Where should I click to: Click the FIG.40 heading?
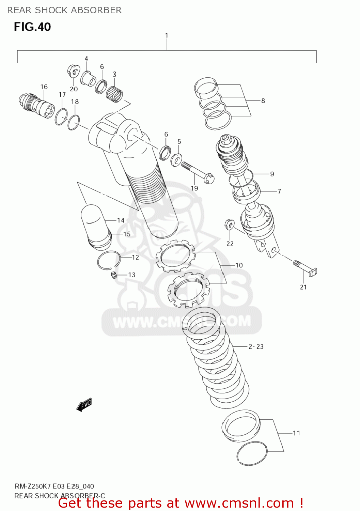[x=32, y=27]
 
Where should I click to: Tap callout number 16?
[x=44, y=87]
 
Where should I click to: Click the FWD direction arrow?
[x=84, y=404]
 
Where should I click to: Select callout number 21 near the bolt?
[x=303, y=287]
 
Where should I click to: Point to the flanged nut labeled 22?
[x=230, y=224]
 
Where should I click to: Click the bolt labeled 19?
[x=198, y=172]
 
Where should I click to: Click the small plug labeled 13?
[x=114, y=275]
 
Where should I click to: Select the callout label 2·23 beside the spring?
[x=256, y=347]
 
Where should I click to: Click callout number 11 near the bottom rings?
[x=296, y=433]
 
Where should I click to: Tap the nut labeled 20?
[x=73, y=71]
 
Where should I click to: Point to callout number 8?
[x=263, y=101]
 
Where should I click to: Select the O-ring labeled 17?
[x=61, y=117]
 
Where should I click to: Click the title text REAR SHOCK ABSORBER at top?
[x=64, y=10]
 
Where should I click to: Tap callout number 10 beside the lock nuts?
[x=239, y=265]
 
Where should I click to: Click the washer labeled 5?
[x=176, y=159]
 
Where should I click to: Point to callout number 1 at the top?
[x=167, y=35]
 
